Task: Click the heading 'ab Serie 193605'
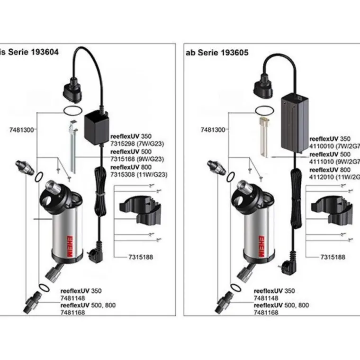216,53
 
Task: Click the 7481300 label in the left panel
21,129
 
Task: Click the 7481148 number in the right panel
266,298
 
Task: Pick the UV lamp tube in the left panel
72,147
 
